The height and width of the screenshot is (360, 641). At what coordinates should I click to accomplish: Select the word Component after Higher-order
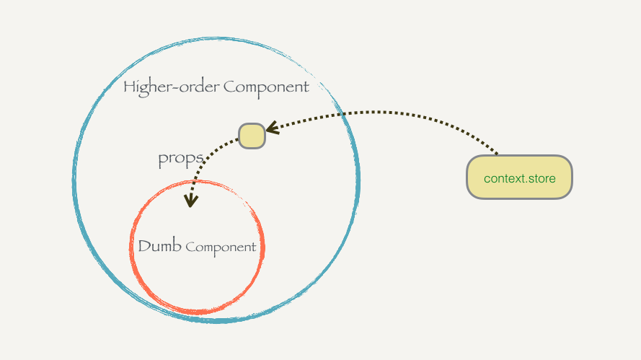[266, 88]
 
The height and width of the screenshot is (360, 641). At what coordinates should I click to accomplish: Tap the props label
[180, 159]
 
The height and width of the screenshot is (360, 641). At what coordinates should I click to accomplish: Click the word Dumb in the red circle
[159, 246]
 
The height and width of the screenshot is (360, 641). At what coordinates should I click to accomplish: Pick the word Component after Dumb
[221, 247]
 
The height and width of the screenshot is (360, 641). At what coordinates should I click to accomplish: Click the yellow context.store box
[519, 177]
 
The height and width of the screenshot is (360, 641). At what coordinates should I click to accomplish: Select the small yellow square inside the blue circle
[252, 136]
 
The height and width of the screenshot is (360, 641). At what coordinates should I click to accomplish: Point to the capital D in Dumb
[143, 246]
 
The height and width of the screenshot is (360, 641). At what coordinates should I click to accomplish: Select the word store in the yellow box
[541, 177]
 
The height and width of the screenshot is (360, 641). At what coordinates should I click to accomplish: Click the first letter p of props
[163, 161]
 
